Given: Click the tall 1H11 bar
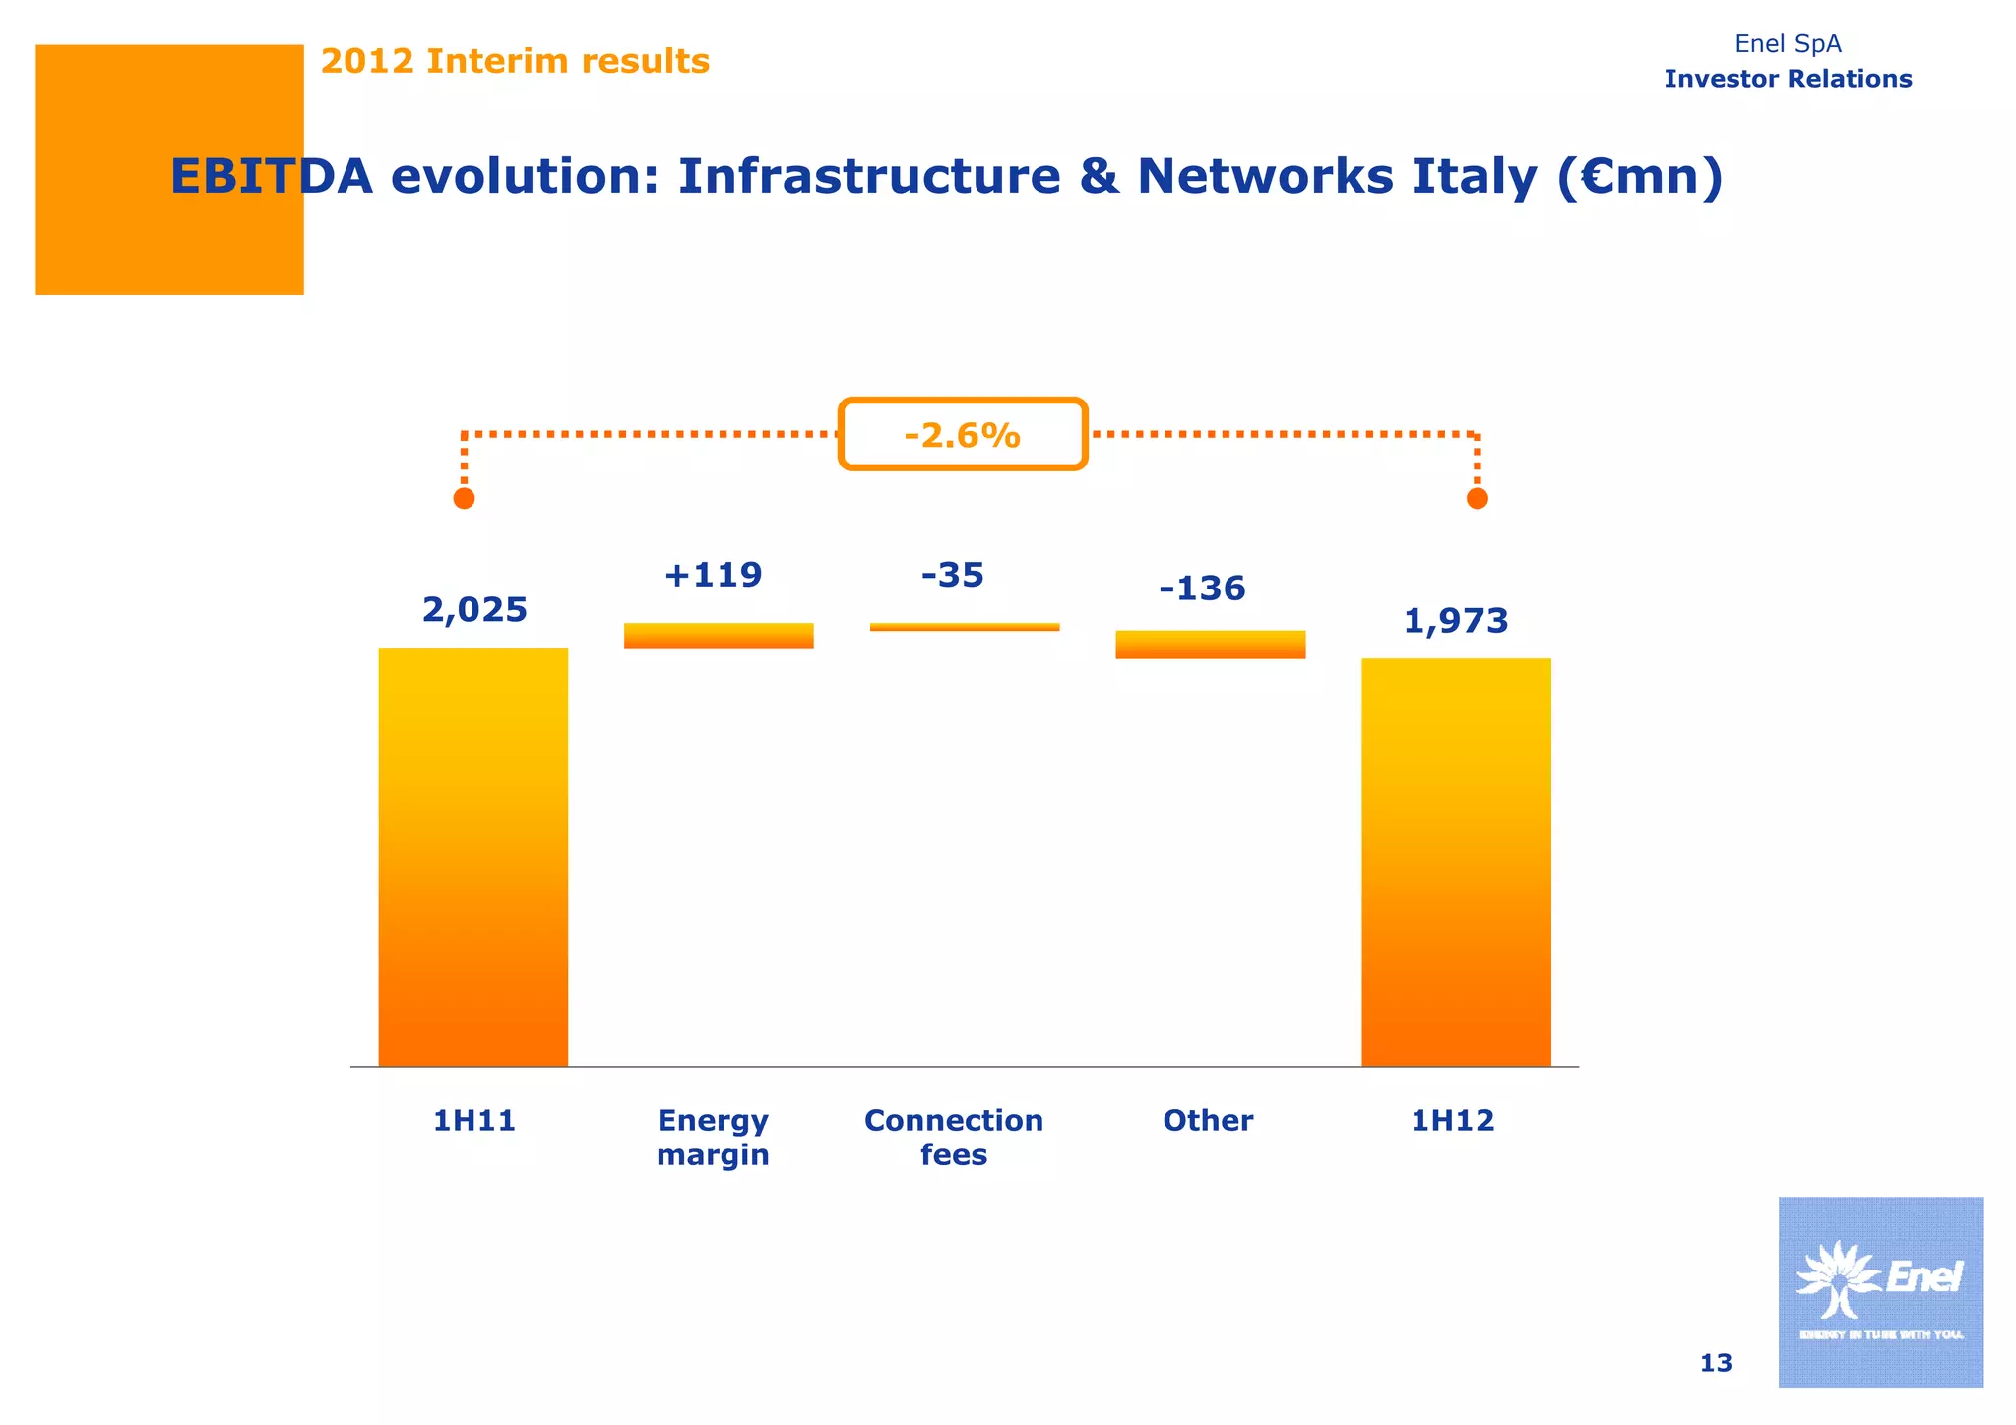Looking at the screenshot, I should click(x=472, y=856).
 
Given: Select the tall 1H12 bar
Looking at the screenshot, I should click(x=1456, y=862).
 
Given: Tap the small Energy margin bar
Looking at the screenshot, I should click(x=719, y=636).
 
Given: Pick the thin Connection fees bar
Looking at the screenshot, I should click(x=965, y=627).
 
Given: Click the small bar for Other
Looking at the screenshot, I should click(x=1210, y=645).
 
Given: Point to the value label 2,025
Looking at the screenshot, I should click(x=474, y=610).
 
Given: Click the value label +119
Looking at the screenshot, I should click(x=713, y=575).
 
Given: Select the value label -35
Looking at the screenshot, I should click(x=952, y=575).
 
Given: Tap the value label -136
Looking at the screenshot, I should click(x=1202, y=589).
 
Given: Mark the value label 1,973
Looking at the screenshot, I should click(x=1455, y=621).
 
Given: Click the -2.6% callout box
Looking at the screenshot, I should click(x=963, y=434).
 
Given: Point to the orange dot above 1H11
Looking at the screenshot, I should click(x=464, y=499).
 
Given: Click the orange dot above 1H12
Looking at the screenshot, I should click(x=1477, y=499).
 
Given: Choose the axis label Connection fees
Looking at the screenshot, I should click(x=953, y=1137).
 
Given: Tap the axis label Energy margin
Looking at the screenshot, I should click(x=713, y=1137).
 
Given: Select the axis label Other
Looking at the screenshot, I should click(x=1208, y=1120).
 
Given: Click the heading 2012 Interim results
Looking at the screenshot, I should click(x=515, y=61).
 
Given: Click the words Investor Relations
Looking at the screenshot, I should click(x=1788, y=79).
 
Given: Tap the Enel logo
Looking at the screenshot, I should click(x=1879, y=1291).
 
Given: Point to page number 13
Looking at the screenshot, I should click(x=1716, y=1363).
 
